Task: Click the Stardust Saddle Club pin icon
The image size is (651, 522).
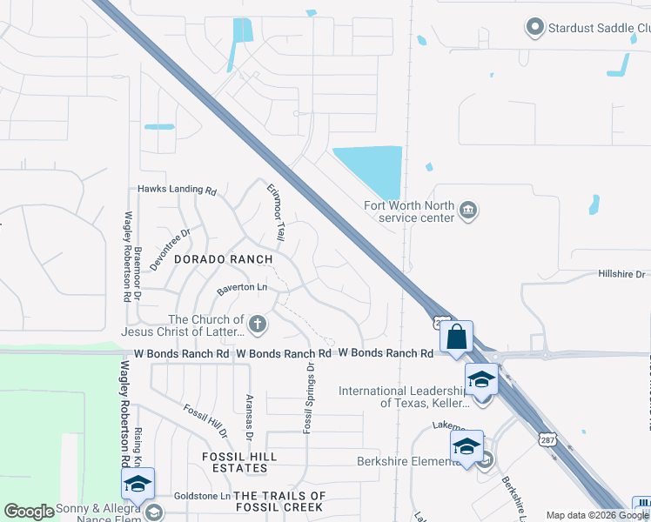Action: click(535, 28)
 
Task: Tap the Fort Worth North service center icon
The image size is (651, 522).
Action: click(468, 211)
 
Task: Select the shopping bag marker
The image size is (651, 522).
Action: click(456, 336)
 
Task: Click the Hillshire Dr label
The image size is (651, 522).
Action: click(622, 273)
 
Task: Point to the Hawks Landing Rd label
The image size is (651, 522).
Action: click(177, 189)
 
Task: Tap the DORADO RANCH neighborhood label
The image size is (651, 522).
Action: click(223, 259)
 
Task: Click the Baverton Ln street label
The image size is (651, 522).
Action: click(241, 286)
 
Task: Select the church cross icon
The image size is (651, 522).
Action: click(257, 325)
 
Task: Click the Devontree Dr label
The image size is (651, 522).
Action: click(169, 251)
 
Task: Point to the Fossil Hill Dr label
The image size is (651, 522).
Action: click(205, 421)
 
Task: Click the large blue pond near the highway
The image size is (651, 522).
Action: click(371, 169)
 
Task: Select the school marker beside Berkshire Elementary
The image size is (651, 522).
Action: click(466, 446)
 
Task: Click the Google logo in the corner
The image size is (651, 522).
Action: click(29, 512)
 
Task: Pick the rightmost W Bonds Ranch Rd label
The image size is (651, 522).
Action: click(385, 353)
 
